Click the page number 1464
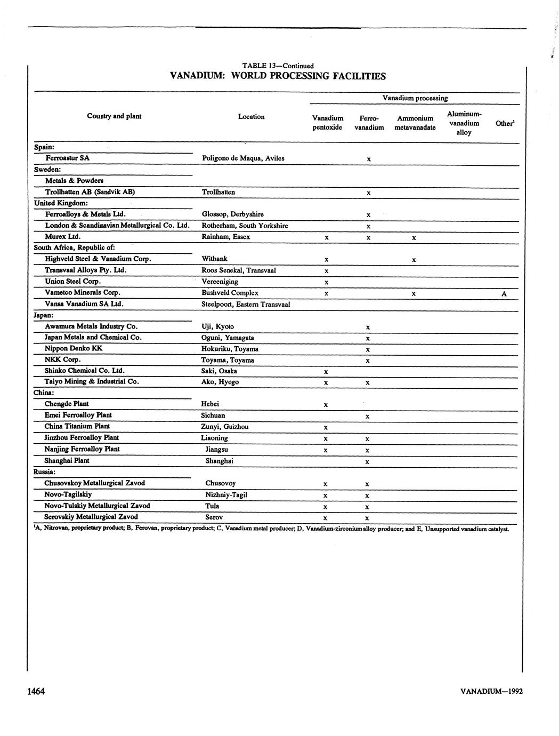[36, 691]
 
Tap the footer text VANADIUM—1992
[491, 691]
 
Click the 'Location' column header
[251, 117]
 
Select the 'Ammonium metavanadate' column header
[415, 123]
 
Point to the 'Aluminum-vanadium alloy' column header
[464, 123]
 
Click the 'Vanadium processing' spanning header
[415, 98]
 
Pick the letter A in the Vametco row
[504, 294]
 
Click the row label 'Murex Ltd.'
[62, 236]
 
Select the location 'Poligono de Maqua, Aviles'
[244, 158]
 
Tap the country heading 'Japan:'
[43, 315]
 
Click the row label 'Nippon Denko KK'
[74, 348]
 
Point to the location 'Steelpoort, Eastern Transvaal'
[246, 304]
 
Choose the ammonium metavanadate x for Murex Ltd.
[414, 238]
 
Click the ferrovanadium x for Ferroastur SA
[368, 159]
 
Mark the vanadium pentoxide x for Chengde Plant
[326, 405]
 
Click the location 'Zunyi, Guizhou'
[224, 426]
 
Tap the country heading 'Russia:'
[44, 472]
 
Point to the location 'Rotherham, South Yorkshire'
[245, 226]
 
